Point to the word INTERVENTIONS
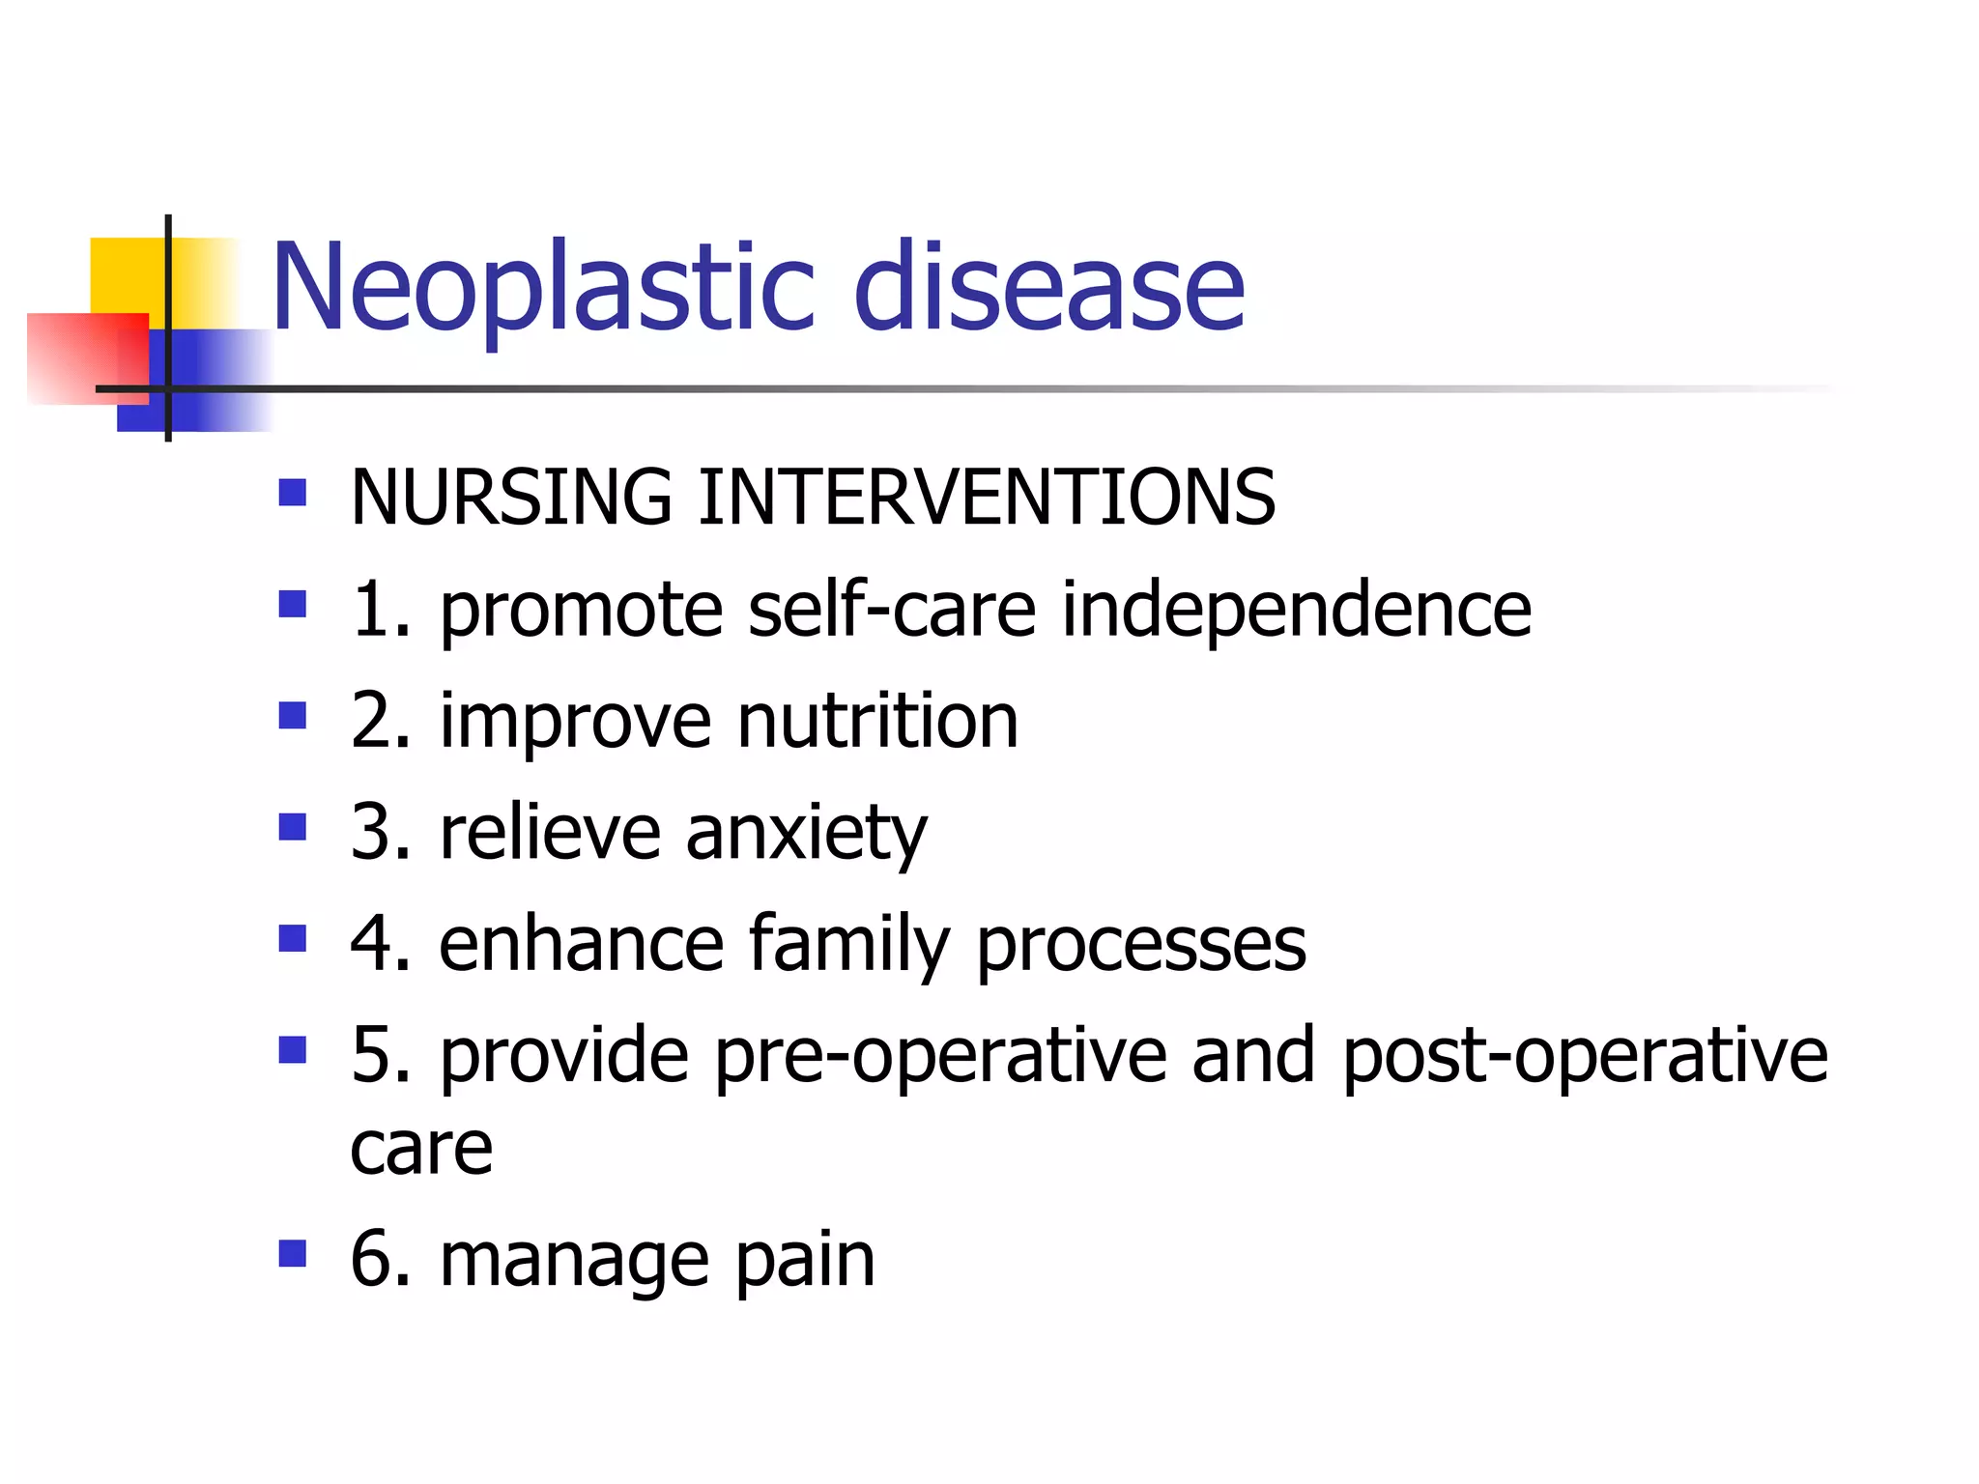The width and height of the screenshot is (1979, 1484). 987,497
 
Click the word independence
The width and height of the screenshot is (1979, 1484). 1297,611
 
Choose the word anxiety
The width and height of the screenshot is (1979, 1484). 806,833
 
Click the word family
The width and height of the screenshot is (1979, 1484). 849,945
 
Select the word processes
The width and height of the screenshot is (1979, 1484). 1140,945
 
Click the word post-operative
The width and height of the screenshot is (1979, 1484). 1585,1056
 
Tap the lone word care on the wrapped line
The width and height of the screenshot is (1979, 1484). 421,1149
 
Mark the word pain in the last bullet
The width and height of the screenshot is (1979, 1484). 804,1261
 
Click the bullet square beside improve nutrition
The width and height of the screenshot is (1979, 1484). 292,716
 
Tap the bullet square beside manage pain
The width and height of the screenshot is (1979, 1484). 292,1254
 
